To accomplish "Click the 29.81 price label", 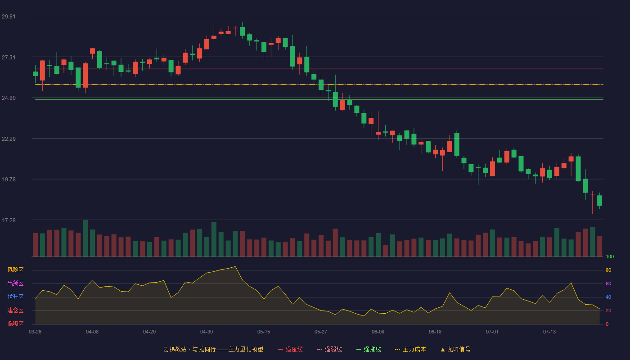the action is [9, 17].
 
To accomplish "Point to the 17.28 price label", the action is [9, 220].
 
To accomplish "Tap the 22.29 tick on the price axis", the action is [9, 139].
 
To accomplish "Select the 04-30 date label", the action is [207, 332].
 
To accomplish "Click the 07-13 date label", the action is [549, 332].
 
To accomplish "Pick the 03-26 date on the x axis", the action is [35, 332].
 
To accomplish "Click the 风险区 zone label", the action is [15, 270].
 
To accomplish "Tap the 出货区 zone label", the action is [15, 283].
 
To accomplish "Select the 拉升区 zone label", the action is [15, 297].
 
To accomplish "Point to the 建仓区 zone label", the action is [15, 310].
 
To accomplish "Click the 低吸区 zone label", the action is [15, 324].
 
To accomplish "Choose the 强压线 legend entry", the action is [290, 349].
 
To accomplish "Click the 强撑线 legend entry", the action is [369, 349].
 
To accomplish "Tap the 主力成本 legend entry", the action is [410, 349].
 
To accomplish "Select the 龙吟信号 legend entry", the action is [455, 349].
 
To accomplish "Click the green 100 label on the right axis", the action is [610, 256].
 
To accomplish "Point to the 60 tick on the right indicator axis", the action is [608, 283].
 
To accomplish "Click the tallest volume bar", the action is [85, 238].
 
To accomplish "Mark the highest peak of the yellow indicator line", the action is [235, 266].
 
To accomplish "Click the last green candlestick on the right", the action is [599, 201].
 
